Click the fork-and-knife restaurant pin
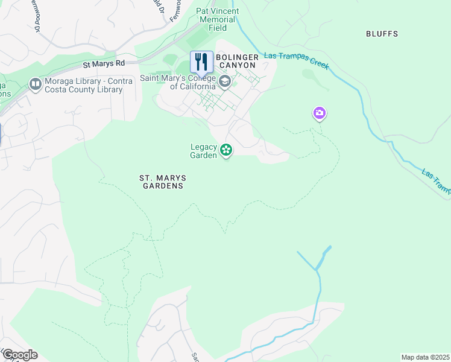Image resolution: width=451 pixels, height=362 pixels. pyautogui.click(x=201, y=62)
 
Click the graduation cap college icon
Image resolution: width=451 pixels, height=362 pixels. pyautogui.click(x=225, y=81)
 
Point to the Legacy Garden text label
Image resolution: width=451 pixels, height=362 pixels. pyautogui.click(x=203, y=151)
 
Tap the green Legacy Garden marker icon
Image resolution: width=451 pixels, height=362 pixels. pyautogui.click(x=226, y=150)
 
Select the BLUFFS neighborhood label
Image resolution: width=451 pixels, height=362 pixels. pyautogui.click(x=382, y=34)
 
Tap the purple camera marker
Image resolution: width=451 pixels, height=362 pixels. pyautogui.click(x=319, y=113)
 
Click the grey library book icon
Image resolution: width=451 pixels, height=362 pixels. pyautogui.click(x=35, y=84)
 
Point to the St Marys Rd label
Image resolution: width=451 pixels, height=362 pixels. pyautogui.click(x=104, y=63)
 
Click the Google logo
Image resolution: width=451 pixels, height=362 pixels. pyautogui.click(x=20, y=354)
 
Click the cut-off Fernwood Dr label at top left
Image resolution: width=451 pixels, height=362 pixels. pyautogui.click(x=37, y=18)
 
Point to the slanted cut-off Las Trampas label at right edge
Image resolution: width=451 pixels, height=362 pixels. pyautogui.click(x=435, y=182)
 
